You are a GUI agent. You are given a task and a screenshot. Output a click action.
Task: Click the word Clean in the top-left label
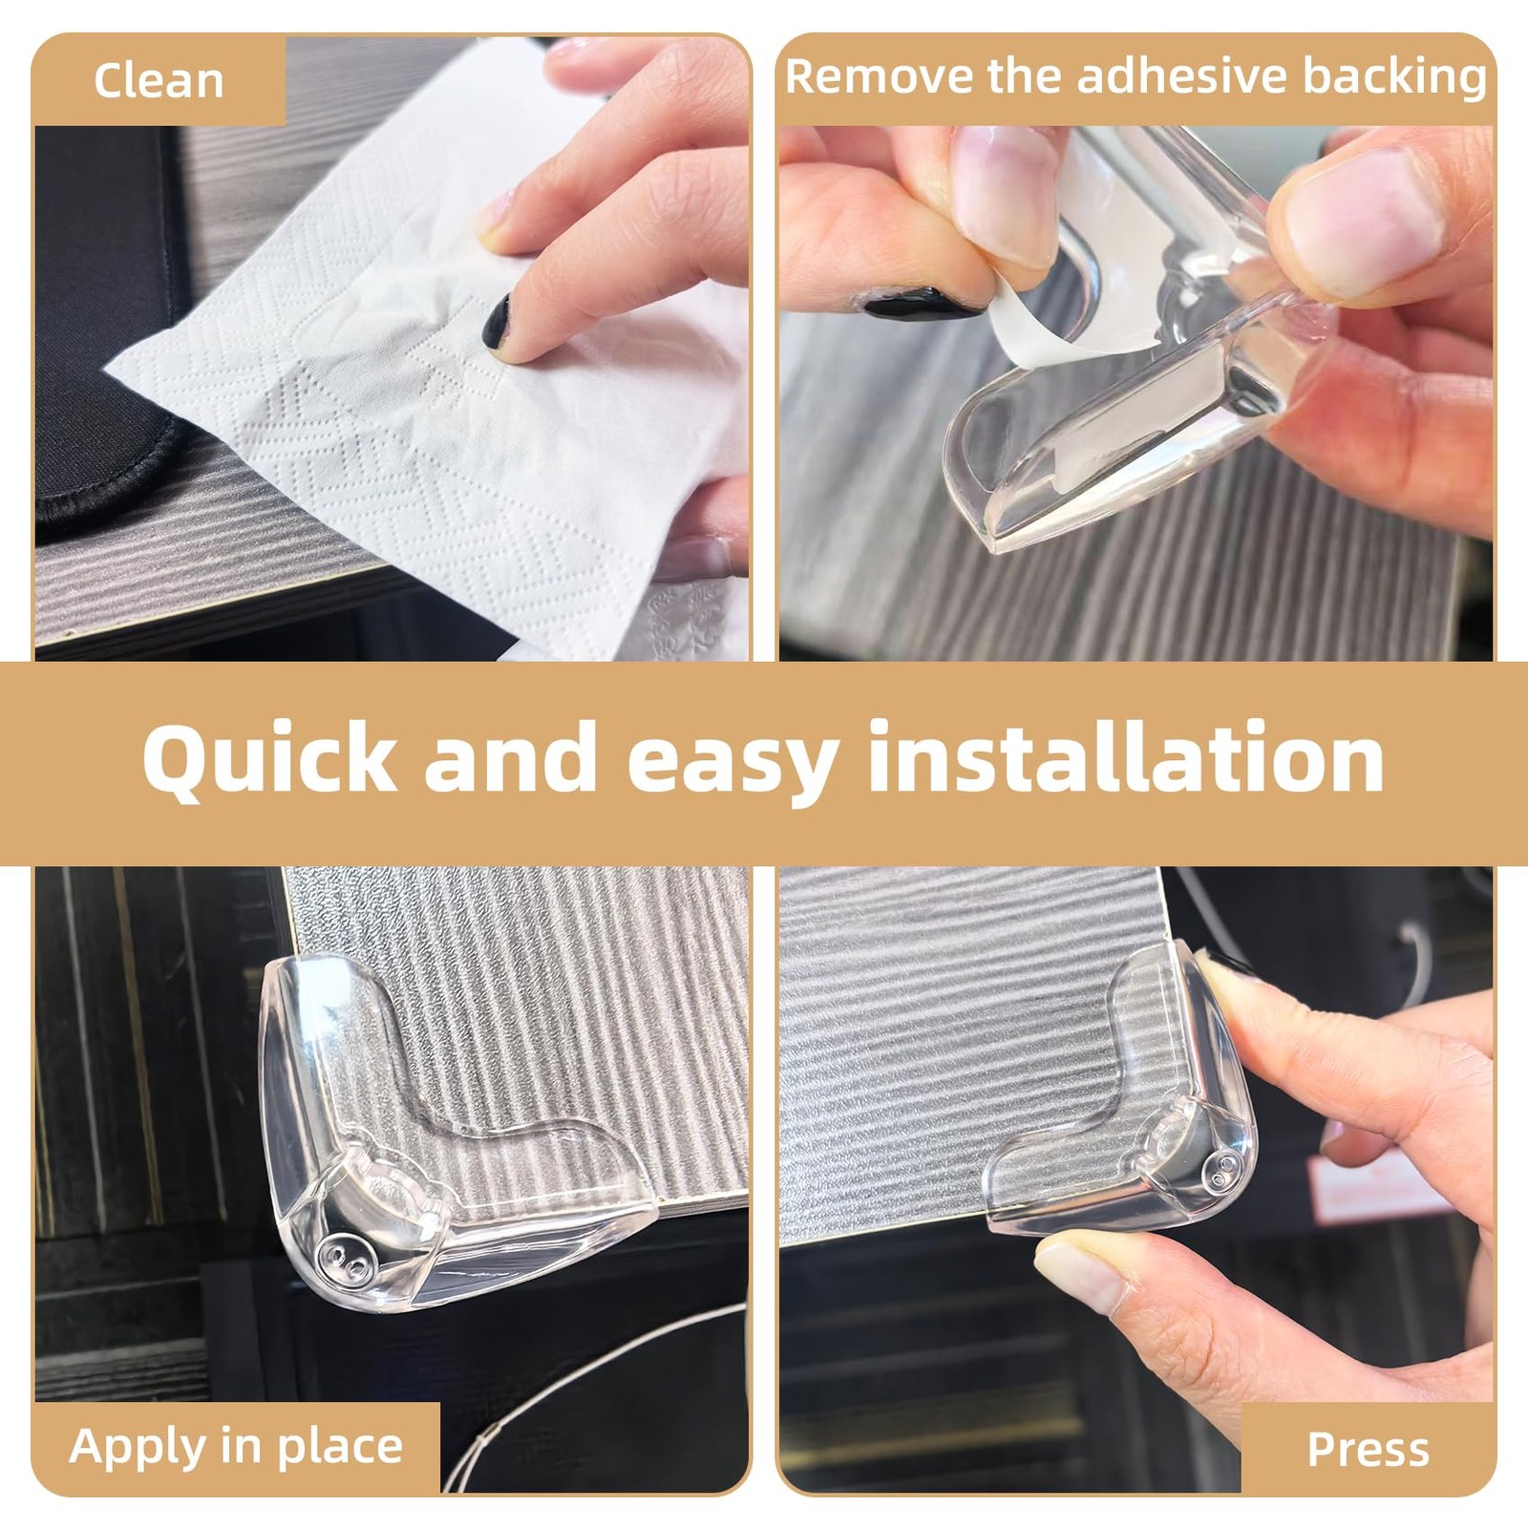coord(159,80)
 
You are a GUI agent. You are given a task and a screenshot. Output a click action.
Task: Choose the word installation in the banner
coord(1126,757)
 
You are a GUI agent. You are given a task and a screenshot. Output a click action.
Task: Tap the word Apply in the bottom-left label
coord(139,1447)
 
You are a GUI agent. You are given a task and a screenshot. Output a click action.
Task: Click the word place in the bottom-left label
coord(340,1447)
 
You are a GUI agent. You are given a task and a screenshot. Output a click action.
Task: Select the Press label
coord(1368,1449)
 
